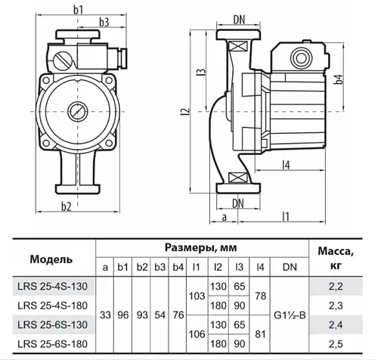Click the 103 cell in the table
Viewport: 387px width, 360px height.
(196, 295)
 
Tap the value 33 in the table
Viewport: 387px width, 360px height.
(106, 315)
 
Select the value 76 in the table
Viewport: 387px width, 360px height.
(178, 315)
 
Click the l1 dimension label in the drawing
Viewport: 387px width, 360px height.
(286, 217)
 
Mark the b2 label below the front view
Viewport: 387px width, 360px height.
(66, 206)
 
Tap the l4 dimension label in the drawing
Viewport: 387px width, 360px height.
(286, 164)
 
